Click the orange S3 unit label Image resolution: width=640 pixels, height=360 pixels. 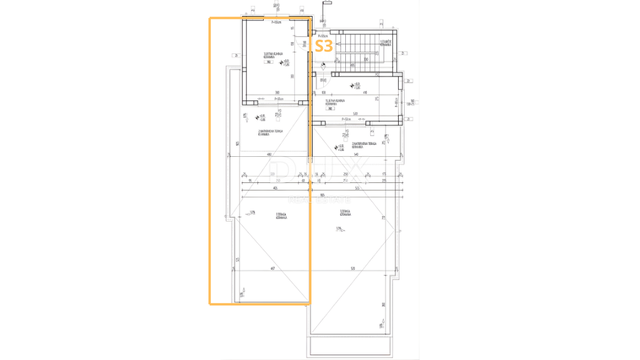(323, 46)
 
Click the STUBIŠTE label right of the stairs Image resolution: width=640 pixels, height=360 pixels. (385, 43)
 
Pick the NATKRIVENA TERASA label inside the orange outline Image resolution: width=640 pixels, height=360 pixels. (270, 132)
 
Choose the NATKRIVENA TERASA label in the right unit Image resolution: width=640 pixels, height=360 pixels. (364, 145)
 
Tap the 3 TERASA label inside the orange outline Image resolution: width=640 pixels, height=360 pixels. (281, 217)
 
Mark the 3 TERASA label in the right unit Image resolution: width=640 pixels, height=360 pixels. (345, 212)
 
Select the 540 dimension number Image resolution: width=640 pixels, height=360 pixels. (356, 155)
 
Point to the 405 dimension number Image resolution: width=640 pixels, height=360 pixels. (275, 188)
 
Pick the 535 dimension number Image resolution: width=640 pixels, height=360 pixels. (357, 188)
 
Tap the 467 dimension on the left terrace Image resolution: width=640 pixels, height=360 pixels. (272, 269)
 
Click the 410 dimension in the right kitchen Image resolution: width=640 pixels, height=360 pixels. (365, 93)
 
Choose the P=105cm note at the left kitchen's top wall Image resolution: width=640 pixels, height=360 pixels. (276, 23)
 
